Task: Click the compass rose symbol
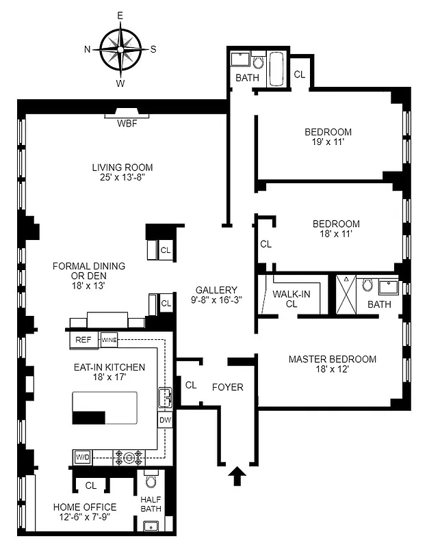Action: coord(120,49)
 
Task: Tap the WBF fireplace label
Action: coord(125,124)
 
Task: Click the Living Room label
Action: coord(122,168)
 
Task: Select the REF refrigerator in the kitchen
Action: coord(83,340)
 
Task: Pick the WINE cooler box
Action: coord(109,340)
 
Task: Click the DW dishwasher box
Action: coord(165,420)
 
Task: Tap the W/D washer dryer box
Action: coord(82,456)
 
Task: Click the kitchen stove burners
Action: coord(128,456)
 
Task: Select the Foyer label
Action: coord(227,387)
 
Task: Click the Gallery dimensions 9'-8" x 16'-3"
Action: coord(216,299)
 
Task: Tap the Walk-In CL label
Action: coord(292,299)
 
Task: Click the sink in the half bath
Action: coord(151,525)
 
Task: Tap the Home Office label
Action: coord(85,507)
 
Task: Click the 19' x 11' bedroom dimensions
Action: coord(328,142)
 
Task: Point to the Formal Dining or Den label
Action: coord(78,276)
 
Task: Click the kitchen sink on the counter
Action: coord(164,397)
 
